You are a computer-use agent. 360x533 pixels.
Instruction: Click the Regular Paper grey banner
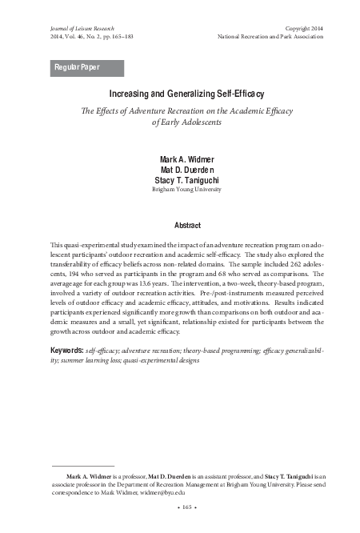pyautogui.click(x=86, y=67)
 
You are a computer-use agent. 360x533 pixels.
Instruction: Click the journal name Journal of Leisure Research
pyautogui.click(x=80, y=27)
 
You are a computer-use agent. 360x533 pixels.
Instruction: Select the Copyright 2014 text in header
pyautogui.click(x=308, y=27)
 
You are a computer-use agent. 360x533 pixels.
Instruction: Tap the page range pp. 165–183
pyautogui.click(x=122, y=37)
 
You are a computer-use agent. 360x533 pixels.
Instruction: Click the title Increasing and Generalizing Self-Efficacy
pyautogui.click(x=186, y=94)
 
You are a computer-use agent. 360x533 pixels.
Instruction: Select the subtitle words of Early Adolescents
pyautogui.click(x=186, y=122)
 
